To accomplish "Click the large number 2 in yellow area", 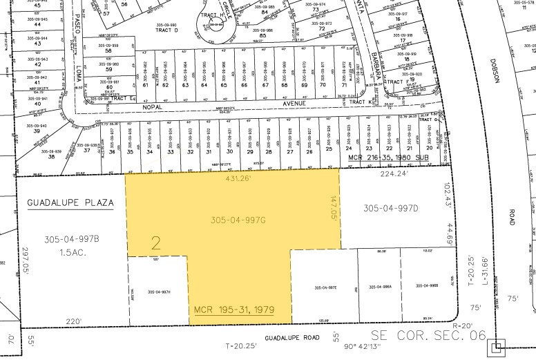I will pos(156,243).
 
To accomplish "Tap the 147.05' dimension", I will pos(334,206).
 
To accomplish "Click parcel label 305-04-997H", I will pos(159,292).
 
